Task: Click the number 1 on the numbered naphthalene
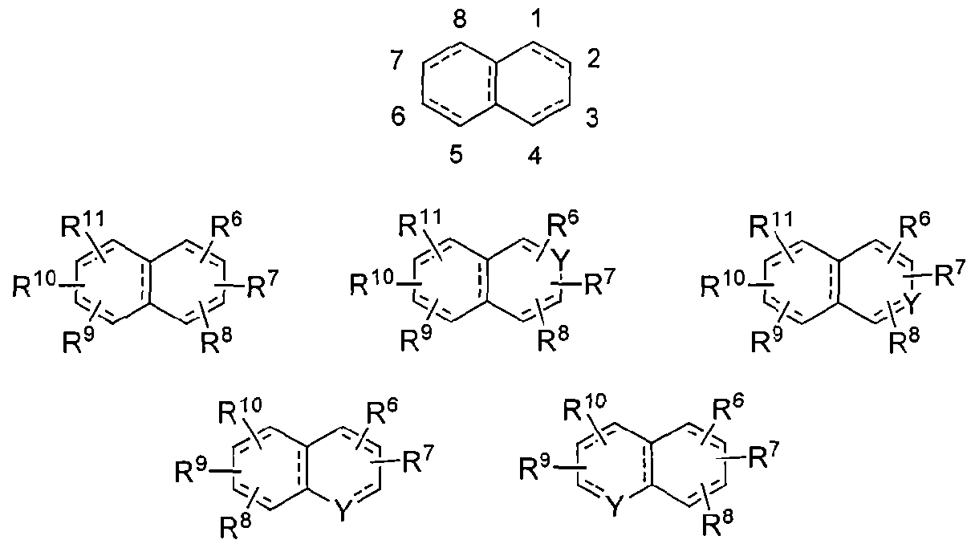point(537,19)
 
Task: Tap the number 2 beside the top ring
point(594,59)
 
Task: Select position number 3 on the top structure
point(592,118)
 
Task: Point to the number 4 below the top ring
point(534,156)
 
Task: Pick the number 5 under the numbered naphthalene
point(456,156)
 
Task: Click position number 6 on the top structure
point(398,117)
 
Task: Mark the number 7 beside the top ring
point(396,59)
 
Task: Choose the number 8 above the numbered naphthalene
point(460,19)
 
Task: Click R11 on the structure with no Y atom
point(83,223)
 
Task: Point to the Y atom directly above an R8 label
point(912,303)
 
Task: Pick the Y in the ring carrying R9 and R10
point(614,507)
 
